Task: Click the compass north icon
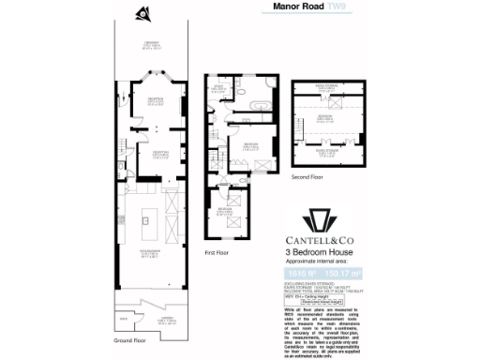(142, 13)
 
